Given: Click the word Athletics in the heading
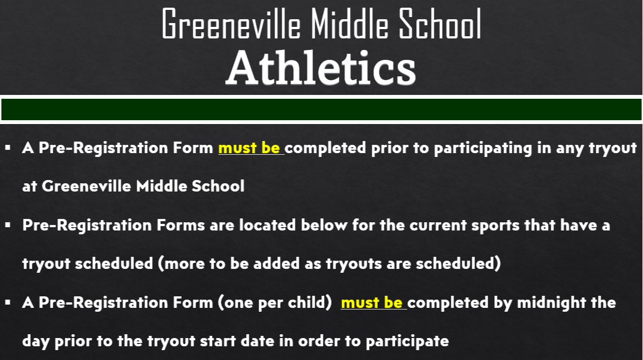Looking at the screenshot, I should click(321, 69).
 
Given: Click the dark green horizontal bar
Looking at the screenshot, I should click(321, 109).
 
